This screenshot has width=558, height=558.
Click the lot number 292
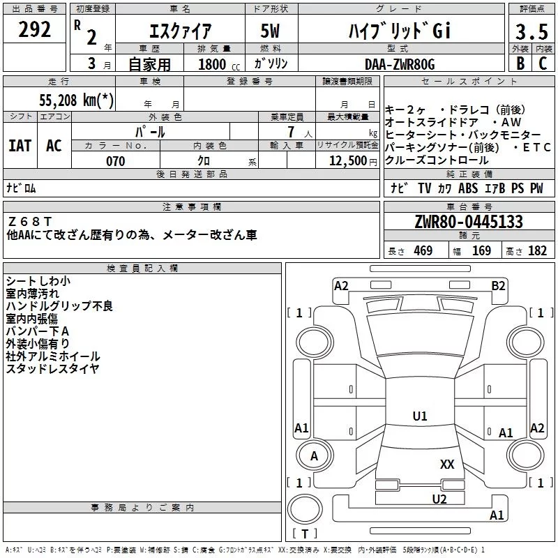pyautogui.click(x=34, y=29)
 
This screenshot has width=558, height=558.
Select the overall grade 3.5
pyautogui.click(x=531, y=31)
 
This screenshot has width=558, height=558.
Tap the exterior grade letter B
pyautogui.click(x=520, y=63)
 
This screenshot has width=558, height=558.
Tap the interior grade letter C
pyautogui.click(x=543, y=63)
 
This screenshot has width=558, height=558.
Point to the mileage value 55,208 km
pyautogui.click(x=76, y=100)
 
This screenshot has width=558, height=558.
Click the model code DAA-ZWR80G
pyautogui.click(x=400, y=64)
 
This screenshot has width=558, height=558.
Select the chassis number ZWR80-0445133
pyautogui.click(x=469, y=222)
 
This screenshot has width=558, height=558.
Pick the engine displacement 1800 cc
pyautogui.click(x=219, y=64)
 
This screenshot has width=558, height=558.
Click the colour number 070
pyautogui.click(x=116, y=161)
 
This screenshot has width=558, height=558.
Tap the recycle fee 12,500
pyautogui.click(x=348, y=161)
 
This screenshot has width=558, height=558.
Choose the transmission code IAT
pyautogui.click(x=20, y=146)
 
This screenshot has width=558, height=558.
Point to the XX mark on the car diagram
pyautogui.click(x=447, y=465)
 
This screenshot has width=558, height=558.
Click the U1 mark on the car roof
pyautogui.click(x=420, y=416)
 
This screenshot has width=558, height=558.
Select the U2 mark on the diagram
pyautogui.click(x=439, y=499)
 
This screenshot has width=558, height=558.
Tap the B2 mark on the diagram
pyautogui.click(x=498, y=286)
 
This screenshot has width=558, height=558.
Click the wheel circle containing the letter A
pyautogui.click(x=315, y=455)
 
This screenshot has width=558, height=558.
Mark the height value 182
pyautogui.click(x=537, y=250)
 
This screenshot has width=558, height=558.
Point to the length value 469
pyautogui.click(x=423, y=250)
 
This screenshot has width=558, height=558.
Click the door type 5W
pyautogui.click(x=270, y=31)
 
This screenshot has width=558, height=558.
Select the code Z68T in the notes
pyautogui.click(x=30, y=222)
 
